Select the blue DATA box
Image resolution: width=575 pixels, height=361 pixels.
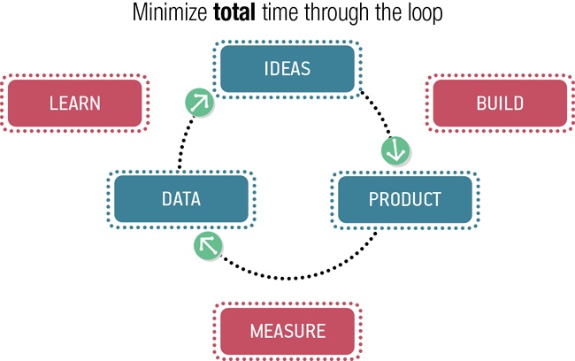(x=181, y=198)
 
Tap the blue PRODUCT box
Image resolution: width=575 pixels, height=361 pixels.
(x=404, y=198)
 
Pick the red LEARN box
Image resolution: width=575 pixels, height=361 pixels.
(x=74, y=103)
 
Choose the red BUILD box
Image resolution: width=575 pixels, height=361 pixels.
(x=499, y=103)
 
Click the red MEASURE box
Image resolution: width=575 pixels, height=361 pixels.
(x=287, y=332)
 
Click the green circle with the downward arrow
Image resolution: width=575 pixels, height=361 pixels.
(x=395, y=150)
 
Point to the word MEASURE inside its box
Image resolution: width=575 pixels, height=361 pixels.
(x=287, y=332)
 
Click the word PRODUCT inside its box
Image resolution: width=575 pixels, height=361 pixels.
(x=404, y=198)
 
